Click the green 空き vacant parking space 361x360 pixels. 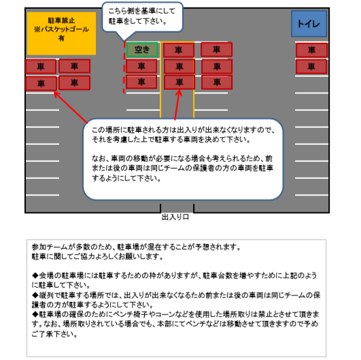pyautogui.click(x=142, y=50)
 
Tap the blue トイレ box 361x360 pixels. pyautogui.click(x=309, y=24)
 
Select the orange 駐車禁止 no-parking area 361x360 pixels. pyautogui.click(x=61, y=33)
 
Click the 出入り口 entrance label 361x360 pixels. pyautogui.click(x=175, y=217)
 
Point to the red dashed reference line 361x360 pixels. pyautogui.click(x=124, y=67)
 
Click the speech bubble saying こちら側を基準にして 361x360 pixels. pyautogui.click(x=143, y=17)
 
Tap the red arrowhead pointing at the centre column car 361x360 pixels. pyautogui.click(x=179, y=93)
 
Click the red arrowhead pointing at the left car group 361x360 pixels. pyautogui.click(x=56, y=95)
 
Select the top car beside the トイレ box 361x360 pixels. pyautogui.click(x=312, y=50)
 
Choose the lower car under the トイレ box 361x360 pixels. pyautogui.click(x=311, y=67)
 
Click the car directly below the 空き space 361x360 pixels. pyautogui.click(x=141, y=66)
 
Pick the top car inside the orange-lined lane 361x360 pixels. pyautogui.click(x=179, y=50)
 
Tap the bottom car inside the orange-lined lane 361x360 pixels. pyautogui.click(x=179, y=82)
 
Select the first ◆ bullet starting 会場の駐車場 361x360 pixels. pyautogui.click(x=35, y=275)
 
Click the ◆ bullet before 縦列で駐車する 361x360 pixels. pyautogui.click(x=35, y=295)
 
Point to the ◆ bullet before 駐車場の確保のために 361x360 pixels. pyautogui.click(x=35, y=314)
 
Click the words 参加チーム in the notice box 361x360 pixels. pyautogui.click(x=50, y=247)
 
